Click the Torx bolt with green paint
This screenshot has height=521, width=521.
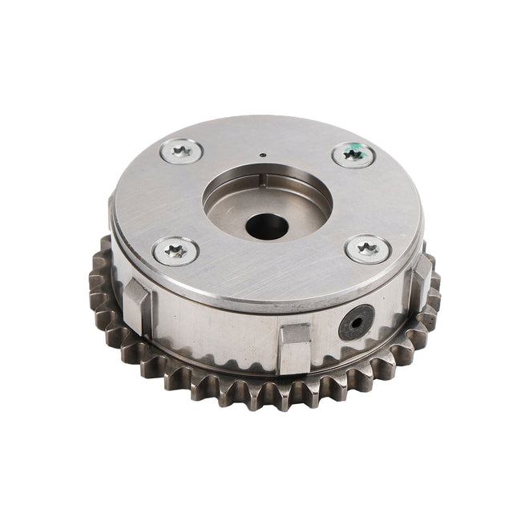tap(353, 154)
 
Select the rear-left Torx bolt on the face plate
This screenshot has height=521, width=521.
tap(180, 151)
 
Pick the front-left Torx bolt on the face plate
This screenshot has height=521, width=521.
tap(176, 251)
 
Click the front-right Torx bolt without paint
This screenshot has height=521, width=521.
tap(368, 249)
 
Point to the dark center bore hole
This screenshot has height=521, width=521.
tap(267, 227)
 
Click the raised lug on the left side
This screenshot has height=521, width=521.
tap(136, 304)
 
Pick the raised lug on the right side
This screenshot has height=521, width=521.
tap(421, 277)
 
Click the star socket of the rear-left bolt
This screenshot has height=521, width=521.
tap(180, 151)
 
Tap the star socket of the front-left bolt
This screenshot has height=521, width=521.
tap(176, 251)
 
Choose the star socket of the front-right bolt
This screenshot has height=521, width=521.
tap(368, 249)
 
